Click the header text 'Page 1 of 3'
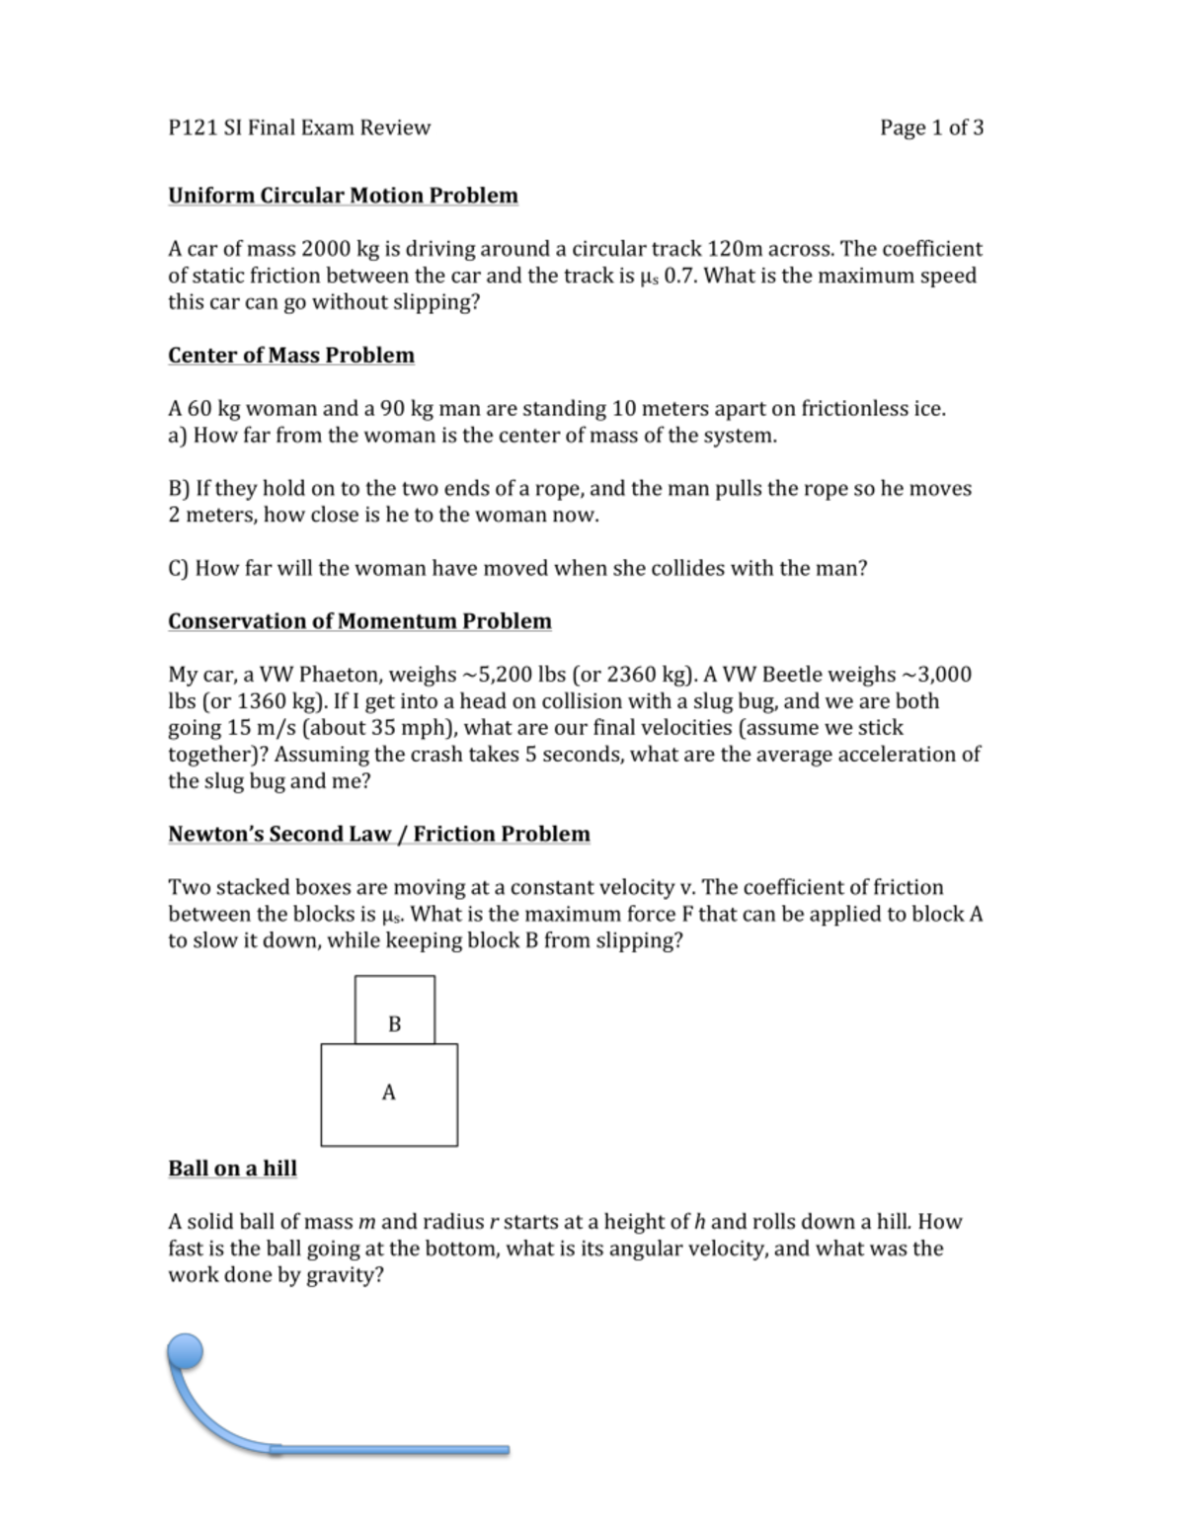coord(930,127)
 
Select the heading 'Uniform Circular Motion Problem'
coord(343,196)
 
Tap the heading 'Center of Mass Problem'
coord(290,356)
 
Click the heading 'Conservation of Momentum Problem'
coord(359,621)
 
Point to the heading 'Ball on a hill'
coord(232,1169)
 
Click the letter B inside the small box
coord(395,1024)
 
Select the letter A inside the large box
coord(388,1092)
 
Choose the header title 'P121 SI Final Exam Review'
coord(299,127)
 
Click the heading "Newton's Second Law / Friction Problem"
coord(378,835)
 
